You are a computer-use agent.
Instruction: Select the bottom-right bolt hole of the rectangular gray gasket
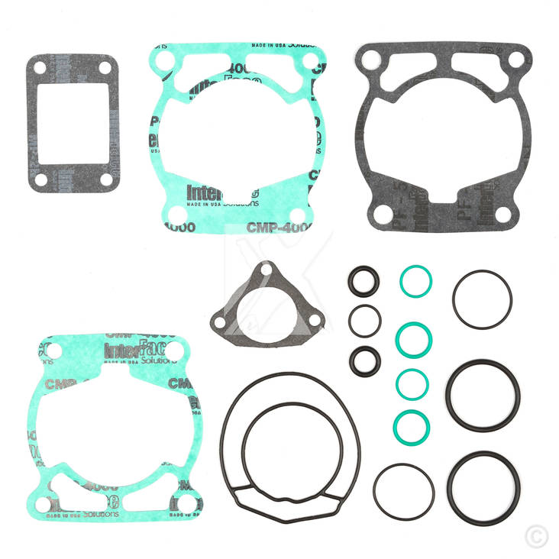[x=103, y=180]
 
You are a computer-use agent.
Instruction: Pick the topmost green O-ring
[x=415, y=282]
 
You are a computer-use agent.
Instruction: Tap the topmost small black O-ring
[x=364, y=282]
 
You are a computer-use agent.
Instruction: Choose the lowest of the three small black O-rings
[x=364, y=360]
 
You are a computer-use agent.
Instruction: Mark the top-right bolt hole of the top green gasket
[x=309, y=60]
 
